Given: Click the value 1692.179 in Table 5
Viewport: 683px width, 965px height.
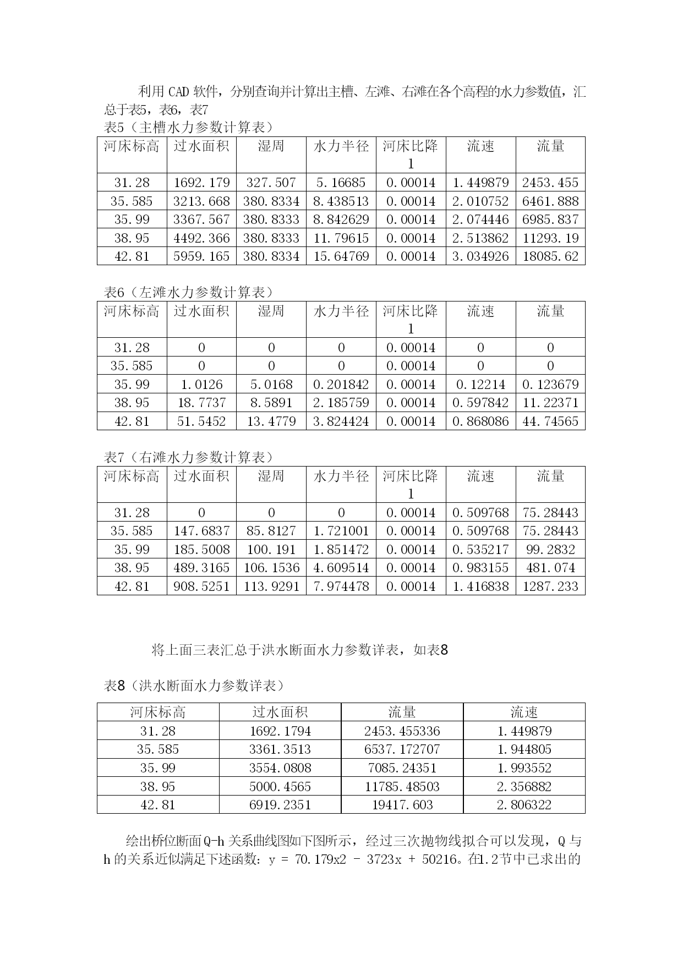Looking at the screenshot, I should pyautogui.click(x=201, y=183).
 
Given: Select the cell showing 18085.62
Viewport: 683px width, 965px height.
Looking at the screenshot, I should pyautogui.click(x=550, y=256).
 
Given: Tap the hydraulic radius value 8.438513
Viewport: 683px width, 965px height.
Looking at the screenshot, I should pyautogui.click(x=341, y=201).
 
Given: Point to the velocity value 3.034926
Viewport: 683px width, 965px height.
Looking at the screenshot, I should pyautogui.click(x=480, y=256).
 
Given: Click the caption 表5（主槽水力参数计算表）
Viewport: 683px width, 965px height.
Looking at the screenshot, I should pyautogui.click(x=189, y=128).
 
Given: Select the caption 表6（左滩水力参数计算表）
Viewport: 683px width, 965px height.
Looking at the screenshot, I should pyautogui.click(x=189, y=292).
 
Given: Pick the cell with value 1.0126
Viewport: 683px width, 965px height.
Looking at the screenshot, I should pyautogui.click(x=201, y=385).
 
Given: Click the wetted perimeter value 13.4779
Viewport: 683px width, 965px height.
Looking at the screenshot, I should pyautogui.click(x=271, y=421).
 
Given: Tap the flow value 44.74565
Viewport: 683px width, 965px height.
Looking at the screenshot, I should pyautogui.click(x=550, y=421).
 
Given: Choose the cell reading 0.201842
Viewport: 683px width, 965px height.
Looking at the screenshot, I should pyautogui.click(x=341, y=385).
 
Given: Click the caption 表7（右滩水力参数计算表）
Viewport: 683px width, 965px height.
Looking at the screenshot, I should pyautogui.click(x=189, y=457).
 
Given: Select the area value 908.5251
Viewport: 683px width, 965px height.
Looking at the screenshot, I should pyautogui.click(x=201, y=586).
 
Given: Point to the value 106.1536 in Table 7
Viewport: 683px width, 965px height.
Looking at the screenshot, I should pyautogui.click(x=271, y=568).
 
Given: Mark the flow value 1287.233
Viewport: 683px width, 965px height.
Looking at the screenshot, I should pyautogui.click(x=550, y=586).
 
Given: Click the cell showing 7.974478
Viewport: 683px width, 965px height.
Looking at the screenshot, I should pyautogui.click(x=341, y=586).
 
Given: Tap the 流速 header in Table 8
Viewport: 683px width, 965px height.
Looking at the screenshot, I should pyautogui.click(x=524, y=712).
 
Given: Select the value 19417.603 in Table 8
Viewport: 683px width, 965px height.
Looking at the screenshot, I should pyautogui.click(x=402, y=805).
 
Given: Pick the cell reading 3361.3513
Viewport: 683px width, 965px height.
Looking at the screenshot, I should pyautogui.click(x=280, y=749).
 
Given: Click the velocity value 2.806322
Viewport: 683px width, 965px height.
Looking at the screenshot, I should pyautogui.click(x=524, y=805).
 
